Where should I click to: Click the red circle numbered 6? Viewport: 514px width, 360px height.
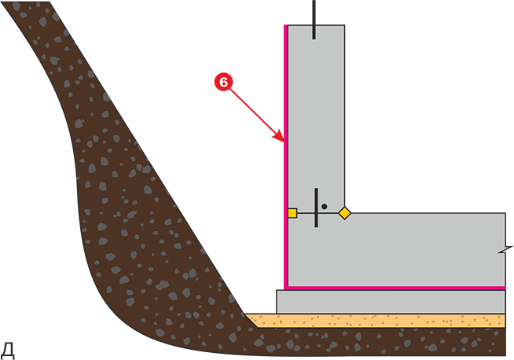223,82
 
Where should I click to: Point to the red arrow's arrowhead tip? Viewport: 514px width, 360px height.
285,141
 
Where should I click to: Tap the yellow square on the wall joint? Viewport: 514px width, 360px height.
292,213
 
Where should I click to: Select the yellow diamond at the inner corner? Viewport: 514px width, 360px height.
344,213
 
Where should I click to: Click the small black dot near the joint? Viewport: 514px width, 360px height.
325,207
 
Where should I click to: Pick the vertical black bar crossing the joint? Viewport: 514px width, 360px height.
316,208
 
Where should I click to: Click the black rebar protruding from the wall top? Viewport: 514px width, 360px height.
314,20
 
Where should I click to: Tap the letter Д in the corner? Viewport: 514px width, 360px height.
7,351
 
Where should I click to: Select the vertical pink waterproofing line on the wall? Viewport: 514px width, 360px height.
285,156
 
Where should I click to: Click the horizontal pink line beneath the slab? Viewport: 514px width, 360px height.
395,288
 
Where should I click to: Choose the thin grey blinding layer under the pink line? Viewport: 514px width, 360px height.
391,302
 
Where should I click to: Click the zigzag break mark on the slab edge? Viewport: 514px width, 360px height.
506,249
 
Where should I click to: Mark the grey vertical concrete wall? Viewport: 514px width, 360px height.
316,118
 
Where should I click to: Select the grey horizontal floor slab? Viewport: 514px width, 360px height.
396,250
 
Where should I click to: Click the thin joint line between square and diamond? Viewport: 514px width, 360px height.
318,213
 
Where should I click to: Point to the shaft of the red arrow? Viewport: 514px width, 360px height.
254,112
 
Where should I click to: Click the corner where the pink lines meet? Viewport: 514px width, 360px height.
286,288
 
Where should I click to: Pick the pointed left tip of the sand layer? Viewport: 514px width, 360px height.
246,314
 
